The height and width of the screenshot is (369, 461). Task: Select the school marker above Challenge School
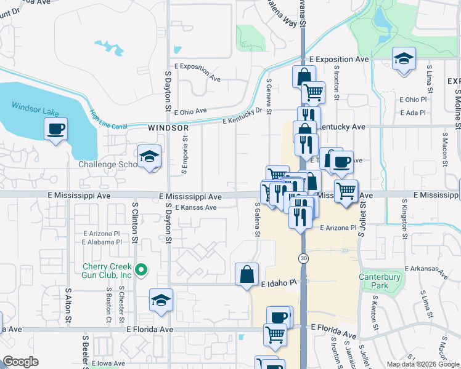[149, 157]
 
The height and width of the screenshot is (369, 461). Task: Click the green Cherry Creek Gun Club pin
[141, 269]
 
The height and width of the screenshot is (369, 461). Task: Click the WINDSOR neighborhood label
[168, 128]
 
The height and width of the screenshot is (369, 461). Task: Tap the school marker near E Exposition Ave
[404, 59]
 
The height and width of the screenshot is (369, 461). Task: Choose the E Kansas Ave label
[195, 208]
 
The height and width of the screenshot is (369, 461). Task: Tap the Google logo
[20, 362]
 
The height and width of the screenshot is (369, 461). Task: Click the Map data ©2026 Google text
[422, 364]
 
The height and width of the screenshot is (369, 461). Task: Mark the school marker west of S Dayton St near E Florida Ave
[160, 301]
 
